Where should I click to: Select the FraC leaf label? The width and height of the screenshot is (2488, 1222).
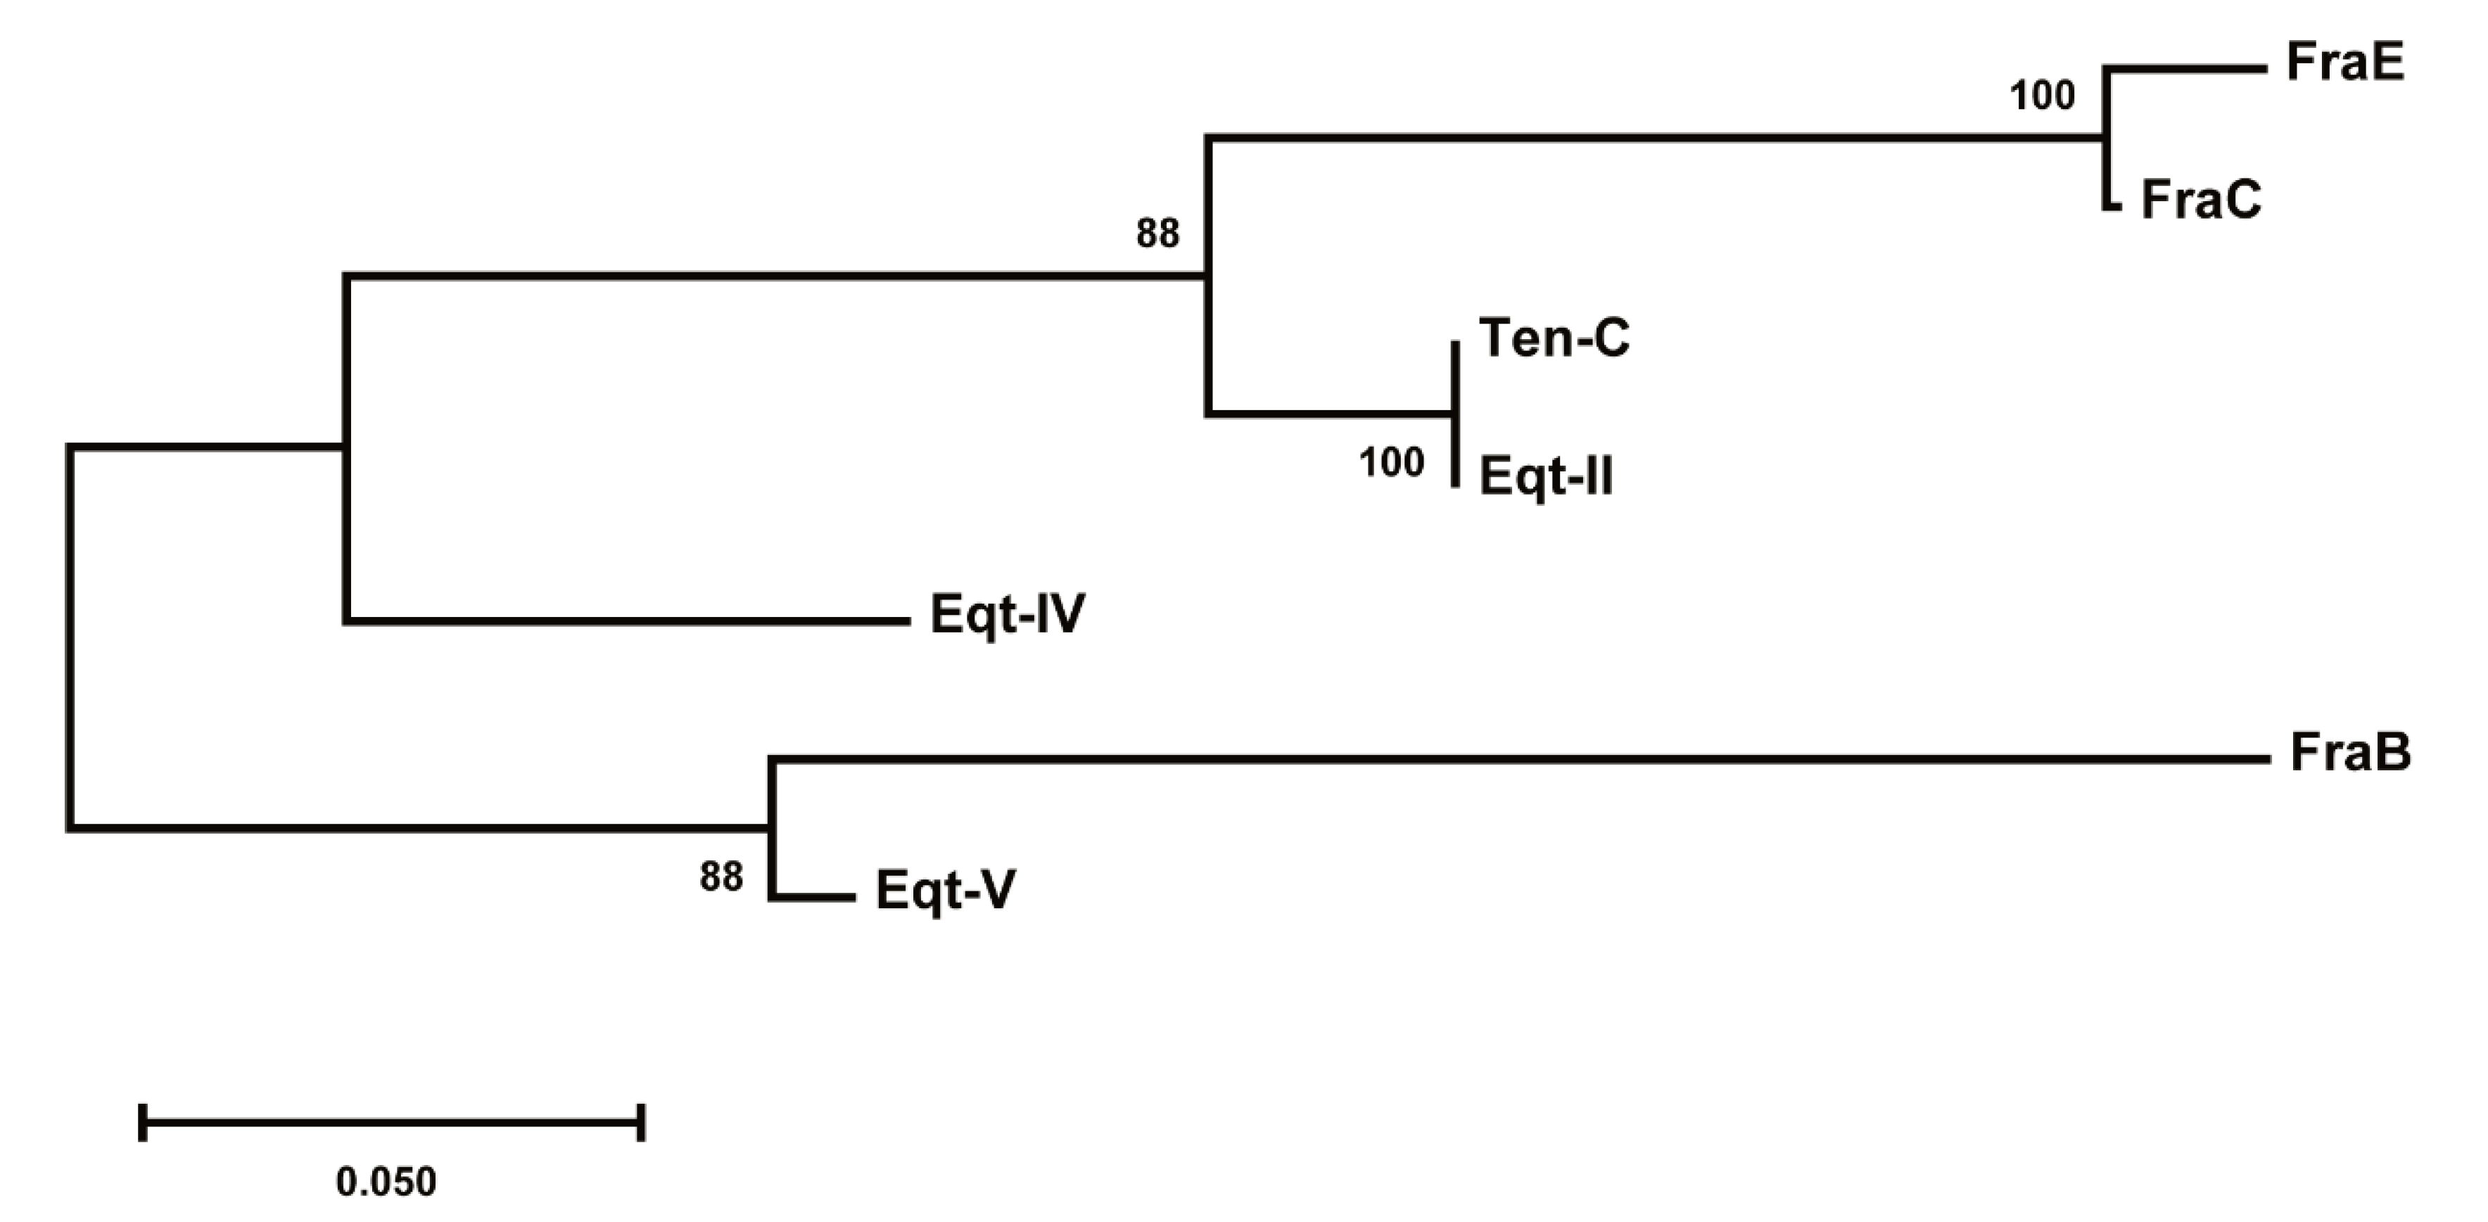[2200, 201]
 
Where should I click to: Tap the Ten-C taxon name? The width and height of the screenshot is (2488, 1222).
[1554, 339]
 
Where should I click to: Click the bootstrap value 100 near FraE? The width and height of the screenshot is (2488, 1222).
[2042, 96]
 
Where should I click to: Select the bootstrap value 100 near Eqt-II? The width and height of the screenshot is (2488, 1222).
[1391, 464]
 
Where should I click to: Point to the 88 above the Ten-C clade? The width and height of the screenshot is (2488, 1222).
[1157, 234]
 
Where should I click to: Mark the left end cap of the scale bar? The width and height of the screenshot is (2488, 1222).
[143, 1123]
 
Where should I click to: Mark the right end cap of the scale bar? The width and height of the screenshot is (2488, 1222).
[641, 1123]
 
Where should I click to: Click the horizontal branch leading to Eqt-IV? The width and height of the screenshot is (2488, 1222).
[628, 620]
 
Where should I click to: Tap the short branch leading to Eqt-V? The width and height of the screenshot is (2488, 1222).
[813, 898]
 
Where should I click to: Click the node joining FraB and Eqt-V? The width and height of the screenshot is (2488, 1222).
[772, 828]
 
